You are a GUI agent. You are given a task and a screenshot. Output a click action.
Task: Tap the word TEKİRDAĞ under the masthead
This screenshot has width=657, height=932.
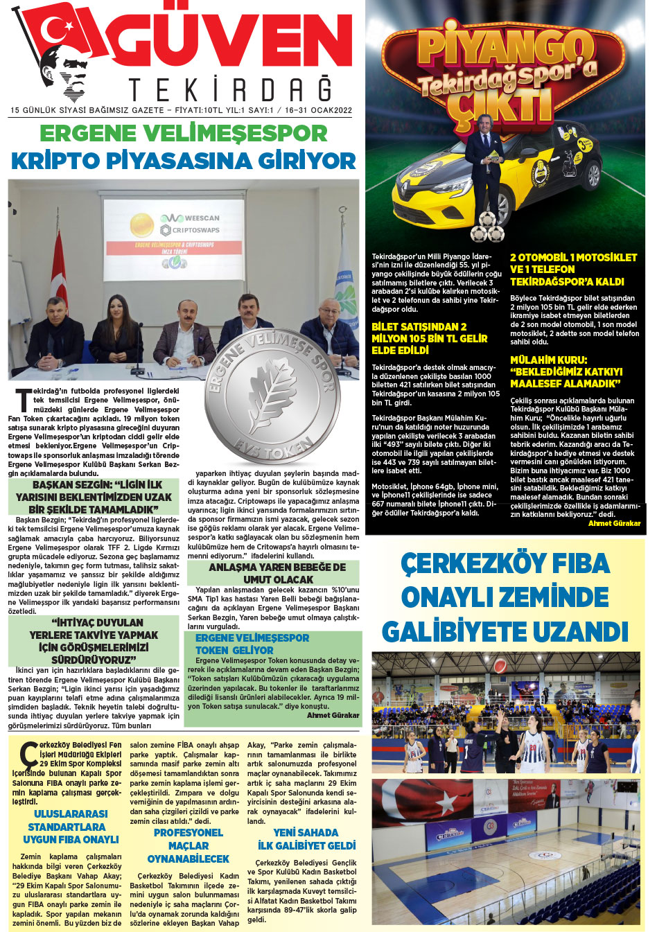click(230, 90)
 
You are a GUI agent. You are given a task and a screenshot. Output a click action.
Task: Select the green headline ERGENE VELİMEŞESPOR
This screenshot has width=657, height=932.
click(183, 132)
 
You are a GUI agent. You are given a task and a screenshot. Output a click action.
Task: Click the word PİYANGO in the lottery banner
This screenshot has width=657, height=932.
click(507, 47)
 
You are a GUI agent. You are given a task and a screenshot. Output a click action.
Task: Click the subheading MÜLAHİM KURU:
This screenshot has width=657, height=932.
click(548, 360)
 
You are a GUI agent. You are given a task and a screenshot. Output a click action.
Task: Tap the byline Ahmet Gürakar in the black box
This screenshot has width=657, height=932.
click(614, 523)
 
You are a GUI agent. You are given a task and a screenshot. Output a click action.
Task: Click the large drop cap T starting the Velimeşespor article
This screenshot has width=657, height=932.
click(23, 401)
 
